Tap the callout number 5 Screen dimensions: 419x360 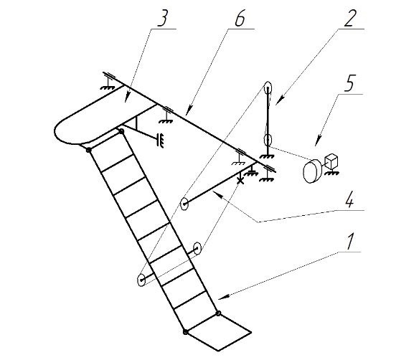[350, 83]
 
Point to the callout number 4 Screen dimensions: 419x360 [350, 199]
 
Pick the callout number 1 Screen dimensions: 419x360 [350, 241]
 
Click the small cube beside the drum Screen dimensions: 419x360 [331, 162]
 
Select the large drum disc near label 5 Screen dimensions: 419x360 [311, 171]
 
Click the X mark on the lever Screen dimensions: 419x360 [240, 181]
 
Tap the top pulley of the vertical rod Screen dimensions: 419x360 [268, 87]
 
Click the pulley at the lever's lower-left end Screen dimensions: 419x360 [184, 204]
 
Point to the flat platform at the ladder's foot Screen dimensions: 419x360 [218, 332]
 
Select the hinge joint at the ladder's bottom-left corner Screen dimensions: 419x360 [185, 332]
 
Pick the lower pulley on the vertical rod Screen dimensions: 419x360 [268, 139]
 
